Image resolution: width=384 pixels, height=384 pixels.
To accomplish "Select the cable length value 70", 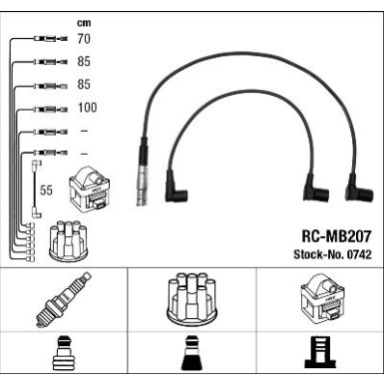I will pyautogui.click(x=84, y=41).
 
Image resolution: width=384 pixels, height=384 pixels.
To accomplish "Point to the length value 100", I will pyautogui.click(x=87, y=108).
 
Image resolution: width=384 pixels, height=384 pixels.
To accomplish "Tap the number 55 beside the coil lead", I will pyautogui.click(x=46, y=189).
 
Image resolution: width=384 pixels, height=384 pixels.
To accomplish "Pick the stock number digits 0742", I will pyautogui.click(x=356, y=257).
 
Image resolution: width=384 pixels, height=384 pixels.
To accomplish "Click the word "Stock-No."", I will pyautogui.click(x=313, y=257).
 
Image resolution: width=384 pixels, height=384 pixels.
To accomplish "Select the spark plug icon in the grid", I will pyautogui.click(x=64, y=300).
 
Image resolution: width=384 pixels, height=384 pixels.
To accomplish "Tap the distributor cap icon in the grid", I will pyautogui.click(x=192, y=298).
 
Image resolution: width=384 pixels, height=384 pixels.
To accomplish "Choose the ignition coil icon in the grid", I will pyautogui.click(x=318, y=299).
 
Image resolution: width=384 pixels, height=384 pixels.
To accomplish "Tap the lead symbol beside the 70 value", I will pyautogui.click(x=48, y=41).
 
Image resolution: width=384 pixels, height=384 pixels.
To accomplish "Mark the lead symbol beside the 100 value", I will pyautogui.click(x=48, y=108).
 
